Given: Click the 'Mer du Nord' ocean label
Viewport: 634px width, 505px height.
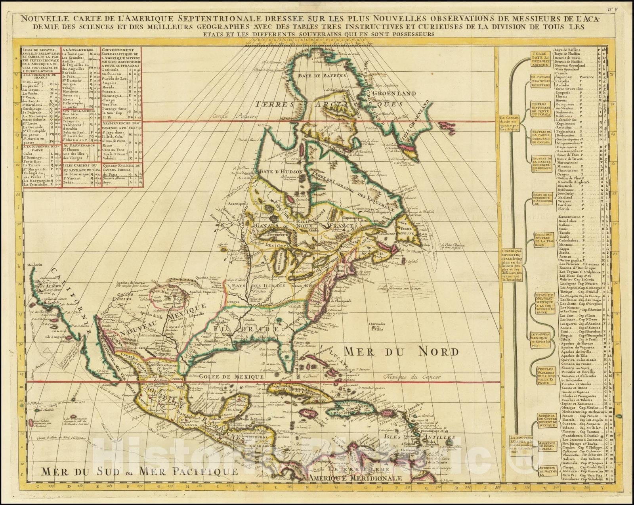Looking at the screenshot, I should [401, 351].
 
